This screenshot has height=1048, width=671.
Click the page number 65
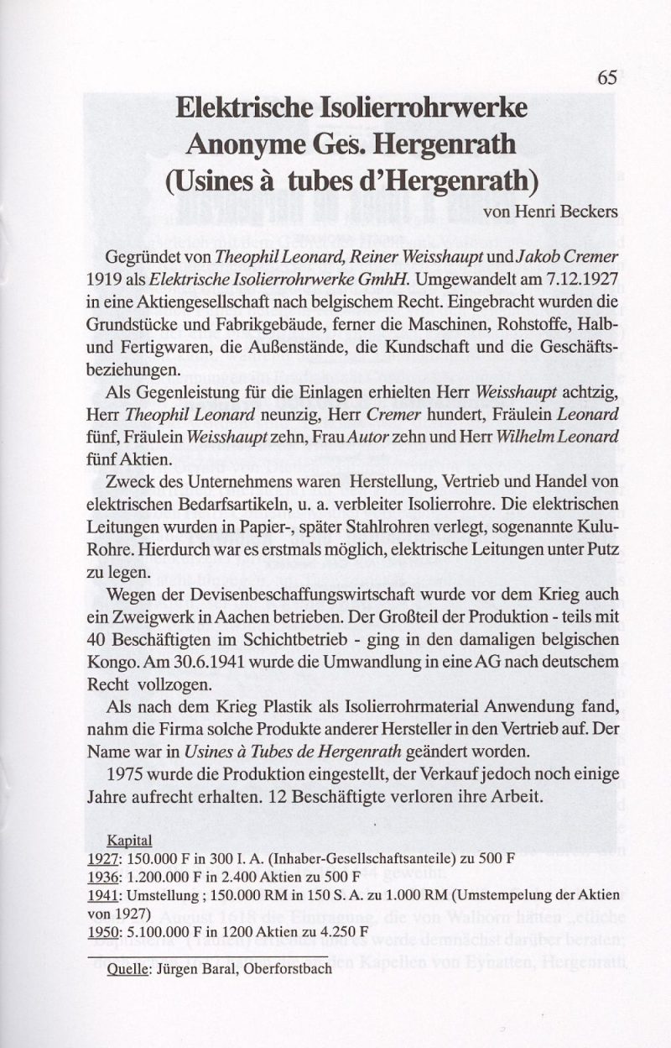pos(608,77)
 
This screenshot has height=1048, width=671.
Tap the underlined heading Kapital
pos(129,841)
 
